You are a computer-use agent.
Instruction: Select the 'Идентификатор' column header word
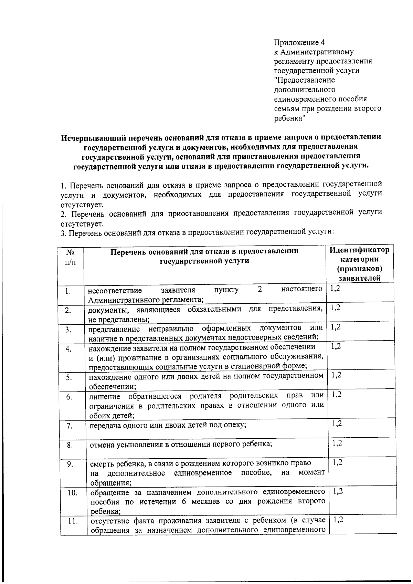(x=359, y=250)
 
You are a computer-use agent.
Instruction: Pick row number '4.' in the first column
(x=68, y=349)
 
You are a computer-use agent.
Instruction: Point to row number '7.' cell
(x=69, y=426)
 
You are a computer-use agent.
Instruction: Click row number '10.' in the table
(x=72, y=493)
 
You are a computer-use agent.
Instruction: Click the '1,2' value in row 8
(x=337, y=443)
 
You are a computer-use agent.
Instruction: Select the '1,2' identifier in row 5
(x=336, y=375)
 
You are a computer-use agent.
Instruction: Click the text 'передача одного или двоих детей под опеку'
(x=168, y=425)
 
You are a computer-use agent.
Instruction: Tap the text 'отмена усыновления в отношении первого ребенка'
(x=181, y=444)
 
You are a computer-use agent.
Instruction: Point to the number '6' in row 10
(x=184, y=501)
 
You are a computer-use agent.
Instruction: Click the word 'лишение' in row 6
(x=105, y=395)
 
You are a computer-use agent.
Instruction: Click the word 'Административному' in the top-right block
(x=317, y=52)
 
